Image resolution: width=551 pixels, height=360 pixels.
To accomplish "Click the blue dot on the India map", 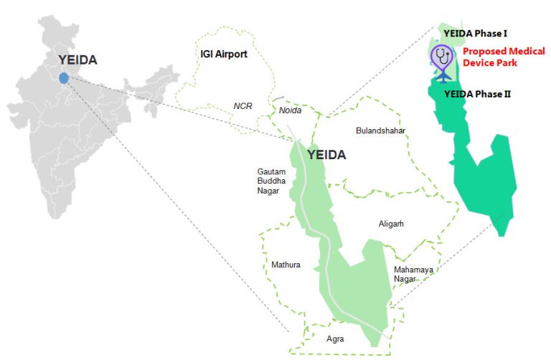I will tap(64, 77).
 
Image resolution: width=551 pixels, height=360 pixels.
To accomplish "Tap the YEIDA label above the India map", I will tap(77, 61).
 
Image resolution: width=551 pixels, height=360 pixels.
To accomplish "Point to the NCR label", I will tap(243, 105).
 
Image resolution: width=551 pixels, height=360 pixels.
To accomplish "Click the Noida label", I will tap(291, 110).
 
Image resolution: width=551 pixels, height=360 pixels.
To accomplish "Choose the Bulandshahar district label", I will tap(381, 131).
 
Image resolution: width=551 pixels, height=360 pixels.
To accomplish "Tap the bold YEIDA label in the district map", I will tap(326, 155).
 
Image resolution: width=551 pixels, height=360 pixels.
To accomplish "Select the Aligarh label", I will tap(391, 224).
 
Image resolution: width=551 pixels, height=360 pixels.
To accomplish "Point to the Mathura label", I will tap(286, 265).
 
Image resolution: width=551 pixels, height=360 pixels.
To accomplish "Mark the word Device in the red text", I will tap(479, 63).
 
